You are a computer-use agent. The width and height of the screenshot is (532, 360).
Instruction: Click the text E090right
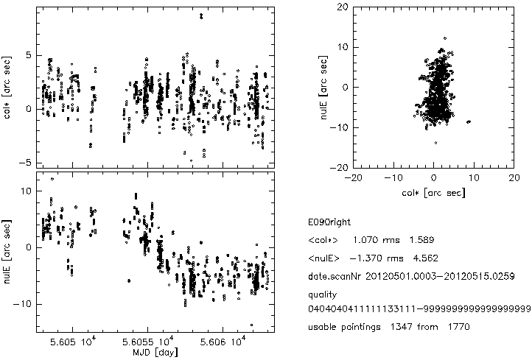325,222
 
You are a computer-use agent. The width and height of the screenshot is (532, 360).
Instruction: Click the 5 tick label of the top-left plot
27,55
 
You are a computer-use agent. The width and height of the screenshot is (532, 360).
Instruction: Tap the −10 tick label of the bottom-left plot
23,303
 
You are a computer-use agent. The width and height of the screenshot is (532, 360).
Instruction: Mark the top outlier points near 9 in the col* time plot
201,15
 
